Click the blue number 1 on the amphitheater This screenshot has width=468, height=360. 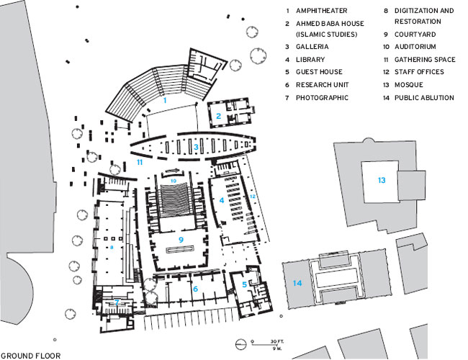165,101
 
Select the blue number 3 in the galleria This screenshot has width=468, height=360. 195,148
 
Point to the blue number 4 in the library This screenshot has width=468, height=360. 222,199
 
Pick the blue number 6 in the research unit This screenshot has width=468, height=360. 194,289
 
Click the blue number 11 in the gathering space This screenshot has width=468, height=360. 140,163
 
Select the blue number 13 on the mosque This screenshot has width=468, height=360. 382,180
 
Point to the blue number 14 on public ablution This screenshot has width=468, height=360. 297,283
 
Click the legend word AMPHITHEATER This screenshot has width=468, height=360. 319,12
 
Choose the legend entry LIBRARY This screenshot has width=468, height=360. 310,60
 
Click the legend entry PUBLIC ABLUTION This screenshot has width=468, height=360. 424,97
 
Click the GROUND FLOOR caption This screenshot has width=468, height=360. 31,355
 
